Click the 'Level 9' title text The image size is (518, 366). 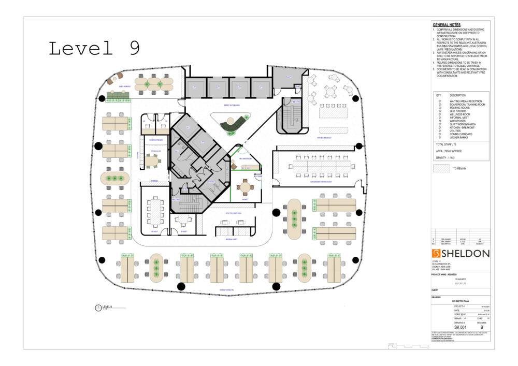[x=94, y=48]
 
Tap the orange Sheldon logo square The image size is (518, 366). [x=436, y=253]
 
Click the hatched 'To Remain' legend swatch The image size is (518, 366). [x=441, y=169]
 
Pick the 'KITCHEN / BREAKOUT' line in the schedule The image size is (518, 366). [x=462, y=127]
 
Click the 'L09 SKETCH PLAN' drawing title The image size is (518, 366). [x=461, y=301]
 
